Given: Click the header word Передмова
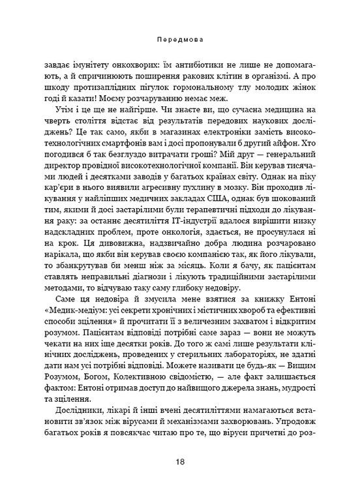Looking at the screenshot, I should pyautogui.click(x=180, y=39).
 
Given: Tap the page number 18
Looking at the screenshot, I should pyautogui.click(x=180, y=462).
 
